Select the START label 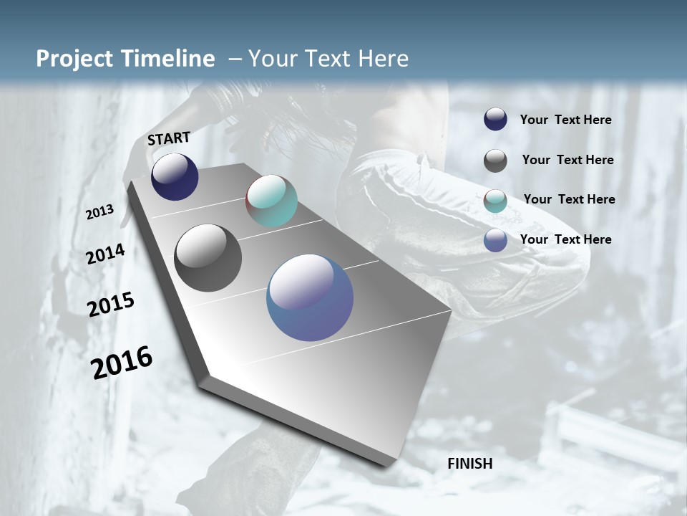click(169, 138)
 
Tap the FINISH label click(470, 464)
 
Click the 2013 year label click(99, 212)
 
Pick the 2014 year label click(106, 254)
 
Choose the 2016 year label click(122, 362)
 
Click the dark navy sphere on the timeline click(175, 177)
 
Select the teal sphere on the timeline click(271, 201)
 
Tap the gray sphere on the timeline click(208, 258)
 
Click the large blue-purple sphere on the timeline click(310, 297)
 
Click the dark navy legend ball click(495, 120)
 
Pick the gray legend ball click(495, 161)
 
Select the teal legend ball click(495, 201)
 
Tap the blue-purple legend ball click(495, 240)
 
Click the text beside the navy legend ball click(565, 120)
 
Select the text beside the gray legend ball click(567, 160)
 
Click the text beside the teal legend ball click(569, 199)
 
